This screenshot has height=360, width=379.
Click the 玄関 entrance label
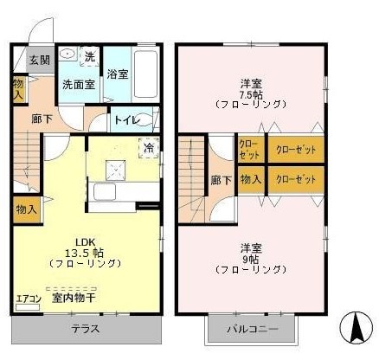(38, 60)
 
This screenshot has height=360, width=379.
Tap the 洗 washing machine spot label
(89, 57)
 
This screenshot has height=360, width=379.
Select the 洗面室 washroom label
(77, 85)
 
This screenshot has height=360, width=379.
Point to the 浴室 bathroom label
(118, 74)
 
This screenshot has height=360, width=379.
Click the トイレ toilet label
(125, 120)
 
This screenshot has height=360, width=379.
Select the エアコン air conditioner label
(27, 299)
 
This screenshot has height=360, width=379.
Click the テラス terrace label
(84, 329)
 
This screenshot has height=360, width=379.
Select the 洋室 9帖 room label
(251, 258)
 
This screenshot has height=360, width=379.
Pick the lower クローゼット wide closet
(296, 179)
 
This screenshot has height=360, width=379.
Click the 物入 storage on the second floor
(251, 179)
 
